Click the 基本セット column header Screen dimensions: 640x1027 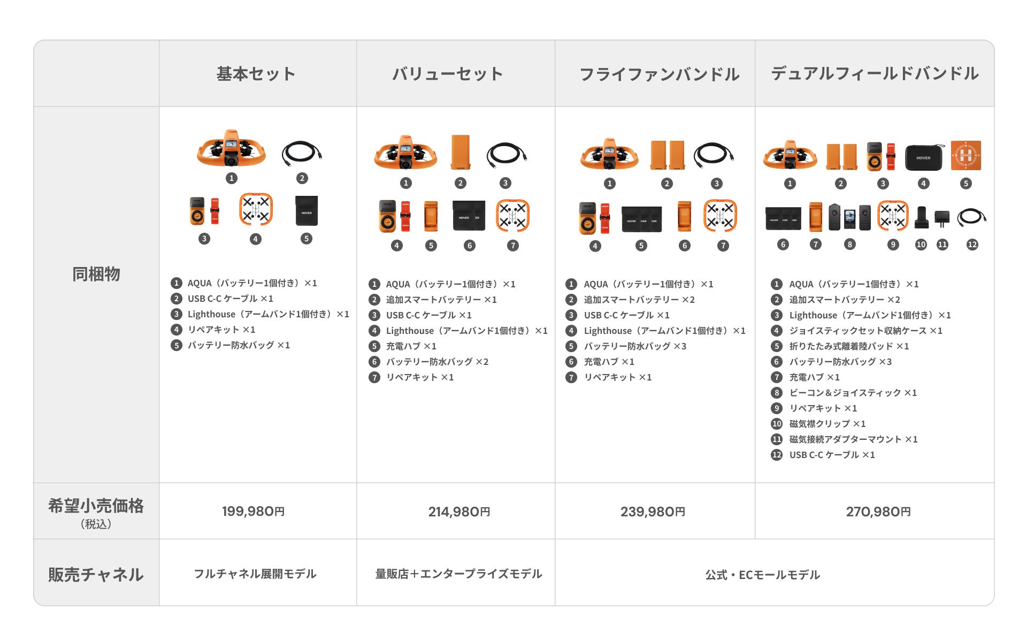pos(256,74)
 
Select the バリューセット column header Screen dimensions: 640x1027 pos(448,74)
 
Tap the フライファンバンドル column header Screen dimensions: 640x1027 pos(659,74)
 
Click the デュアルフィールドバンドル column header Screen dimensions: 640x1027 pos(875,74)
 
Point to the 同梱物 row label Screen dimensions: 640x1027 pos(96,274)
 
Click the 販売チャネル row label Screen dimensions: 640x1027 pos(96,574)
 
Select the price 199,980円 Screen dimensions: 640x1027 pos(253,511)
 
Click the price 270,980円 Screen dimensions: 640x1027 pos(878,512)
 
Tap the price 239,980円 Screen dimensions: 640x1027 pos(653,512)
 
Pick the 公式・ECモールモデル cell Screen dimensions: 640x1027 pos(762,575)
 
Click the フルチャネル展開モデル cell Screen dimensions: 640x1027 pos(255,574)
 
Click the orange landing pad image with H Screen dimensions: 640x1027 pos(965,156)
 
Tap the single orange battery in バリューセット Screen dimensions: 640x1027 pos(460,152)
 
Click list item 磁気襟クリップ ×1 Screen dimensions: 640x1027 pos(827,424)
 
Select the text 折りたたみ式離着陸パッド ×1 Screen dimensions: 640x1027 pos(848,346)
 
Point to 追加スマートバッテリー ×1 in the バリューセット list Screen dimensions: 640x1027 pos(441,300)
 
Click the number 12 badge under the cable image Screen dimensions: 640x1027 pos(972,245)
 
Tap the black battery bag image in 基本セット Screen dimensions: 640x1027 pos(306,211)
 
